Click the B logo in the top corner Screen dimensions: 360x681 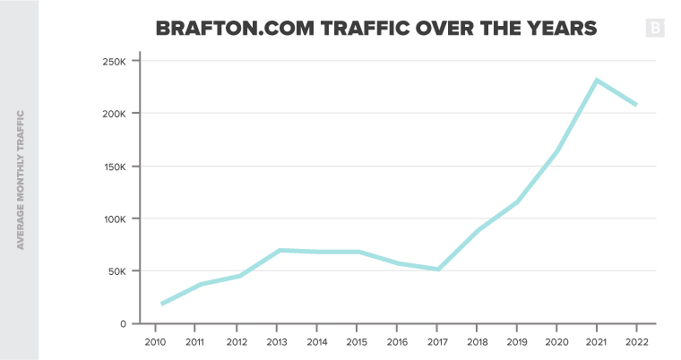click(x=655, y=29)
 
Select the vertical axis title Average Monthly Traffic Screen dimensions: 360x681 click(x=20, y=179)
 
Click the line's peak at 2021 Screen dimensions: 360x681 click(x=596, y=80)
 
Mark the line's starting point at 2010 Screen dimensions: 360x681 click(x=162, y=304)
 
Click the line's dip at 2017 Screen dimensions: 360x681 click(x=438, y=269)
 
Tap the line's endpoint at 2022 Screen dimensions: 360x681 click(x=635, y=105)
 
